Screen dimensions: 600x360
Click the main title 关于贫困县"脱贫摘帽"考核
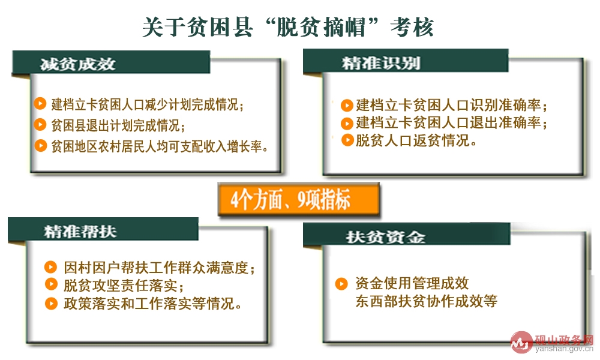(x=288, y=27)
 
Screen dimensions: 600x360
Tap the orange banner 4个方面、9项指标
(x=299, y=200)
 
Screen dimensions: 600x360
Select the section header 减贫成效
(x=77, y=64)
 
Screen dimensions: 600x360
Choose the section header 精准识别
(x=381, y=63)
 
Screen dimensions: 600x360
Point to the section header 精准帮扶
(x=80, y=231)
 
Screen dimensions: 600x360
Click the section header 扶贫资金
(x=385, y=237)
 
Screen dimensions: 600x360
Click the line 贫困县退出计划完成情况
(x=118, y=125)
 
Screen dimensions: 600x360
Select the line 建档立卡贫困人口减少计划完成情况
(x=148, y=104)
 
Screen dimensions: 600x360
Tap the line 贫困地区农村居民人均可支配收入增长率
(x=160, y=146)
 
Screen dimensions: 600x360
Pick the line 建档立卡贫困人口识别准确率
(x=452, y=105)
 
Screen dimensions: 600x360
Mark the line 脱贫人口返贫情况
(x=416, y=140)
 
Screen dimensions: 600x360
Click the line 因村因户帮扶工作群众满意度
(x=159, y=268)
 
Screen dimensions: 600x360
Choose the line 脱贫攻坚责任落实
(x=124, y=286)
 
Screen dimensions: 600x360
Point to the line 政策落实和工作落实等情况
(x=152, y=304)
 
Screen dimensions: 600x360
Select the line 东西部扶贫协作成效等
(x=426, y=301)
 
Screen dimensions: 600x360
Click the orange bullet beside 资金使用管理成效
(x=341, y=284)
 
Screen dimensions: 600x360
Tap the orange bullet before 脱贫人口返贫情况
(x=347, y=140)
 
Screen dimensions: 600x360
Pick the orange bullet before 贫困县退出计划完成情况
(x=40, y=124)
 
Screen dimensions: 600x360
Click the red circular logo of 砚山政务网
(x=521, y=341)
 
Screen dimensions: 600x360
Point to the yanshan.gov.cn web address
(x=565, y=349)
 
